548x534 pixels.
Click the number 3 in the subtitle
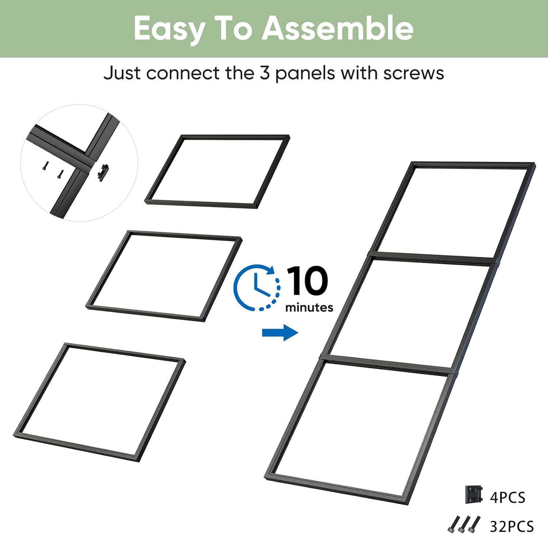265,73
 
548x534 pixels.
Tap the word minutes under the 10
309,307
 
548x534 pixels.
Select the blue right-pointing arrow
280,333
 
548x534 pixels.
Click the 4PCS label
507,498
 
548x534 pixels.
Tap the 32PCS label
511,526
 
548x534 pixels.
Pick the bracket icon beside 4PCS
474,495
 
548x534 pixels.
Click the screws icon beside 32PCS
464,524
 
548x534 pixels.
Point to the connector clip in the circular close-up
103,172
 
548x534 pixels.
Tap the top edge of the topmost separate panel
236,137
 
